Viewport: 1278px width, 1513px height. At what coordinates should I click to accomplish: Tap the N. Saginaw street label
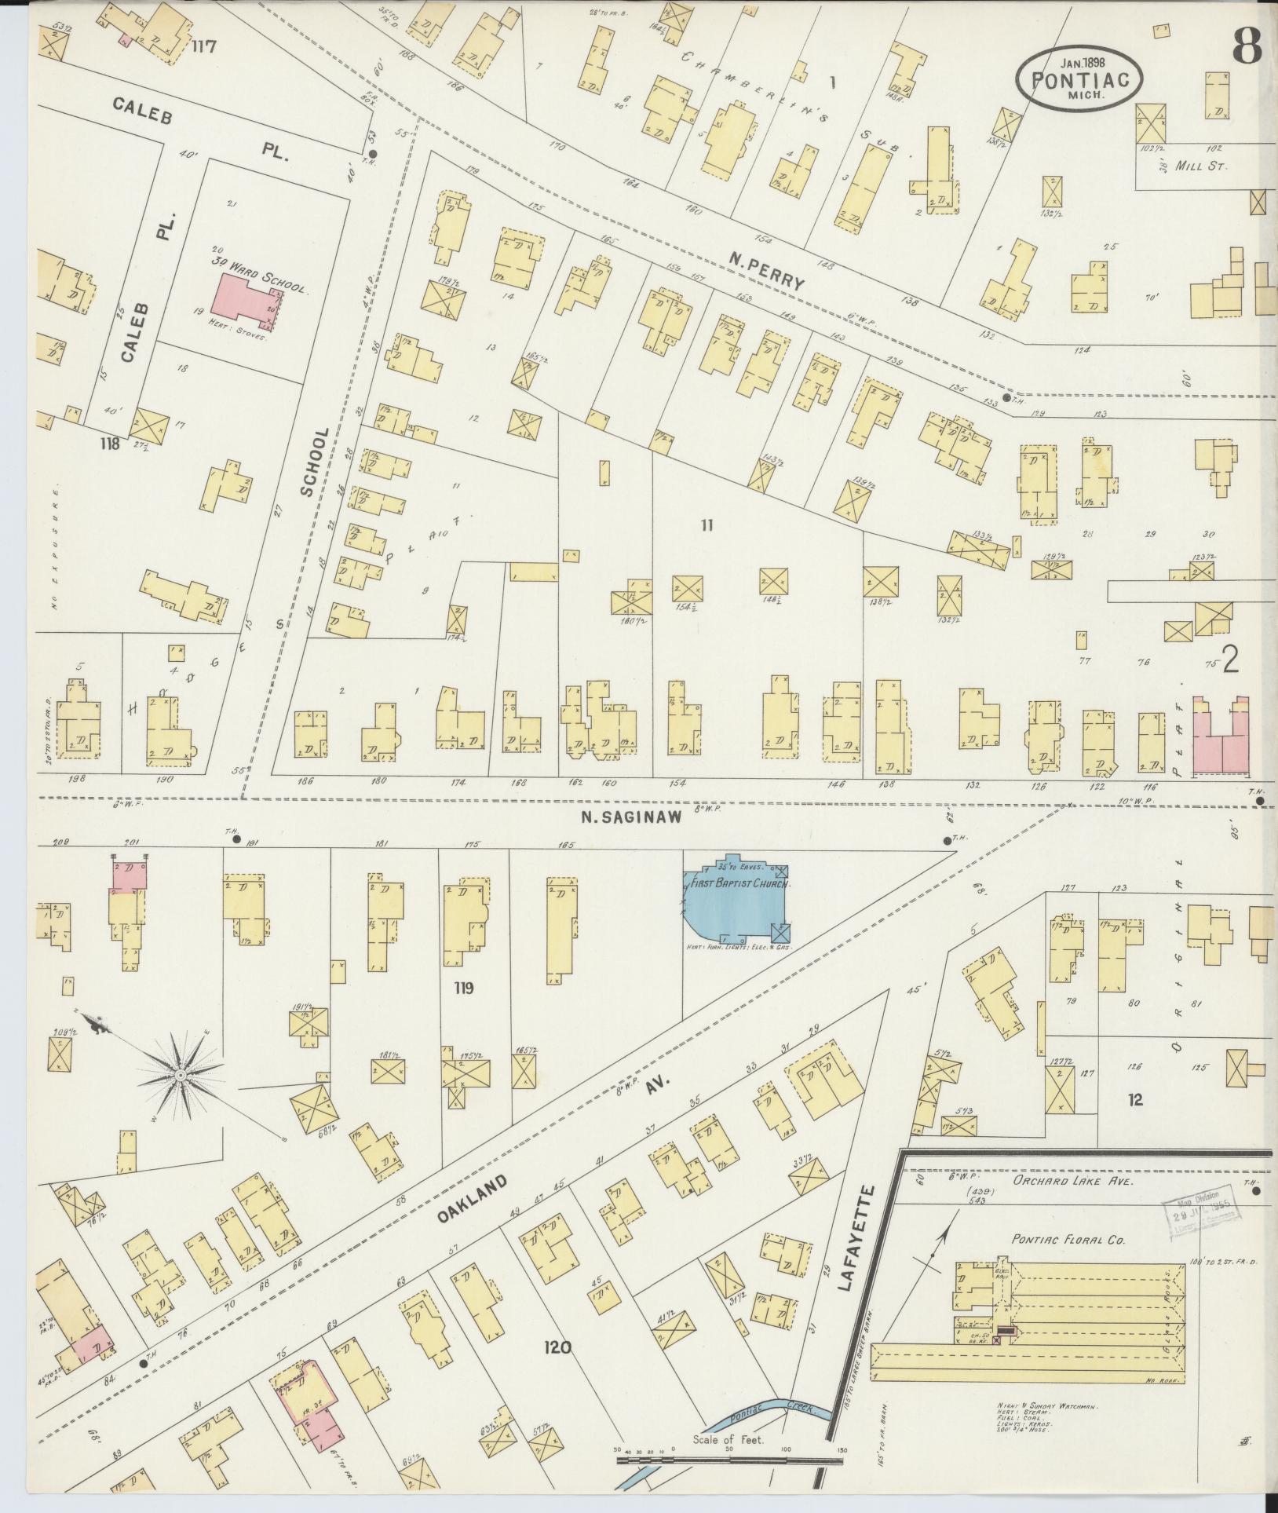pyautogui.click(x=631, y=817)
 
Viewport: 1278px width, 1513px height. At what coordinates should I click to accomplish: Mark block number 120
pyautogui.click(x=557, y=1348)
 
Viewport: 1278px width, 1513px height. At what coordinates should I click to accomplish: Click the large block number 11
pyautogui.click(x=707, y=525)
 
